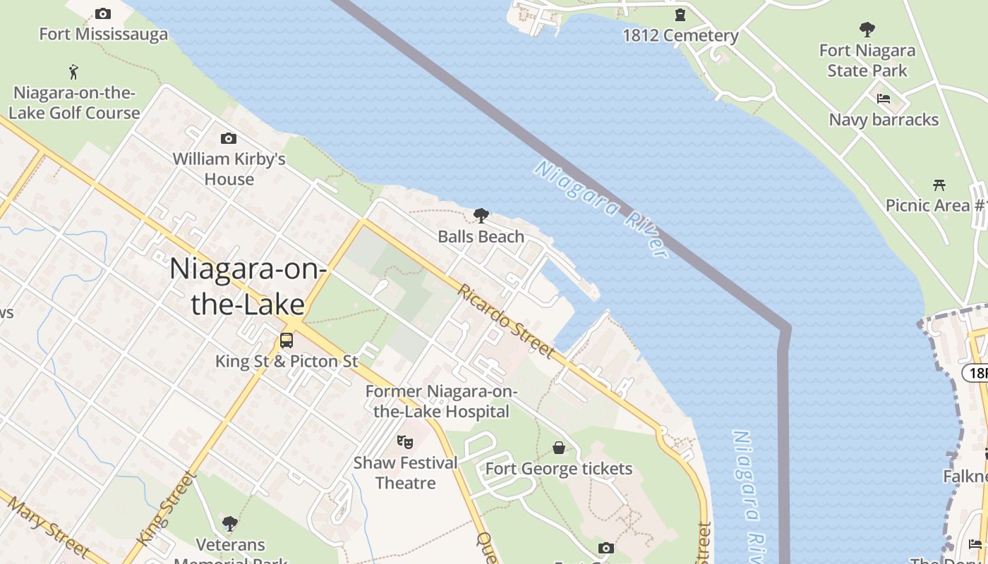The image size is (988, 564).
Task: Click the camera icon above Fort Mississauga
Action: (x=103, y=14)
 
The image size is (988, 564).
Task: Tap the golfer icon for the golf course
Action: (x=73, y=71)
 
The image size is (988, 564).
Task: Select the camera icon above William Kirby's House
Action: (x=229, y=139)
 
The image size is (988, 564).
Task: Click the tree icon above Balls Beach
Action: (x=481, y=215)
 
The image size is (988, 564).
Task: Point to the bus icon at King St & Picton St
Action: (x=287, y=340)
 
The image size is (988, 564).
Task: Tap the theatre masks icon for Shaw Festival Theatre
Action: (x=405, y=442)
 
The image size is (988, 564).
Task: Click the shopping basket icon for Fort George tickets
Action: (x=559, y=448)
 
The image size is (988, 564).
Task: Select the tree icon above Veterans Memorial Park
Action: (x=229, y=523)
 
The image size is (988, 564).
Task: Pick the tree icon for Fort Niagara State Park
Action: (x=867, y=30)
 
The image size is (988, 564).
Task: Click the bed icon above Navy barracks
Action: (x=884, y=99)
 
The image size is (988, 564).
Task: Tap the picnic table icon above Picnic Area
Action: (x=939, y=185)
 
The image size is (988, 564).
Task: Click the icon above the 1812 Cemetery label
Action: (x=680, y=14)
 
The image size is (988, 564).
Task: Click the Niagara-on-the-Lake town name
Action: (x=247, y=286)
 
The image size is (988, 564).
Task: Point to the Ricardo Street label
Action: (x=505, y=321)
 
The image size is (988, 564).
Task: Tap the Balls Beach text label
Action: (x=481, y=237)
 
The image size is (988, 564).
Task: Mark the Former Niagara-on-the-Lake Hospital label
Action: (x=441, y=402)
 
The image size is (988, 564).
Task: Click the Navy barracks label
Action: (x=884, y=120)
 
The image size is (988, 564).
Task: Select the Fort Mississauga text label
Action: (x=103, y=35)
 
